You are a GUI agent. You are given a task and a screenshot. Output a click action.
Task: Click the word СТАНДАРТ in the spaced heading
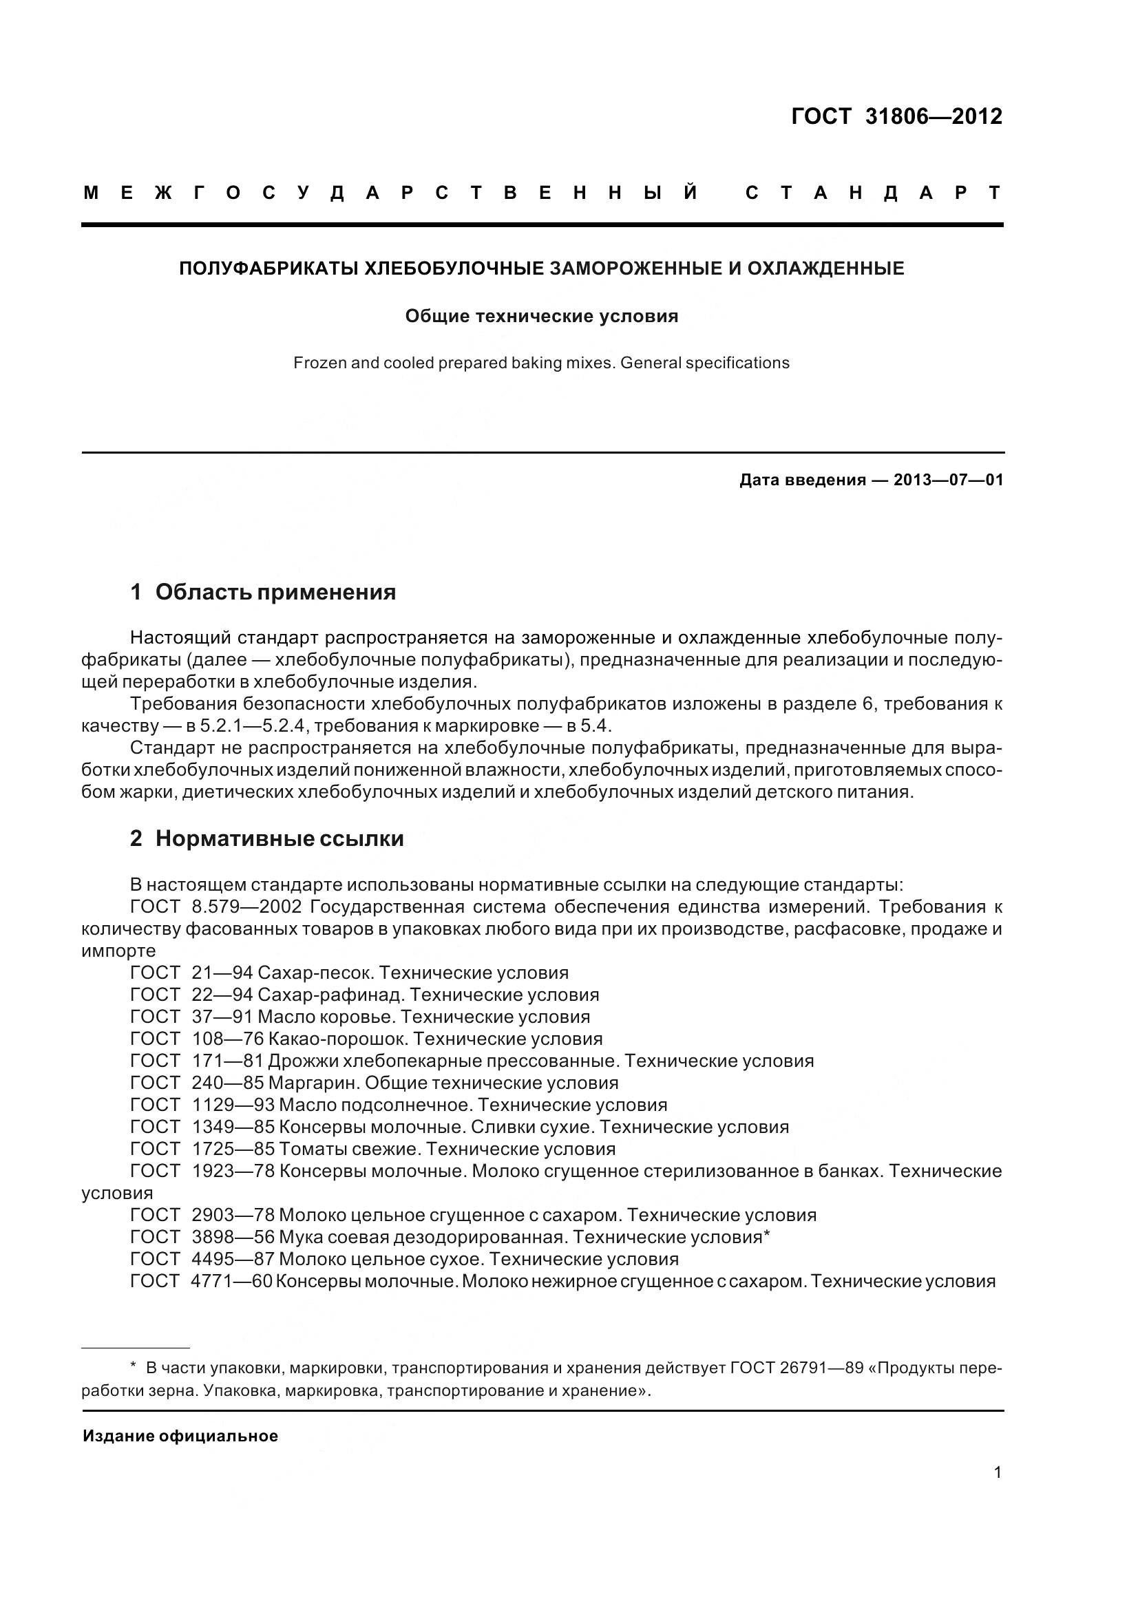[x=874, y=193]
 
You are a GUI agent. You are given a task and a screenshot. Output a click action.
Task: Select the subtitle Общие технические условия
[x=541, y=316]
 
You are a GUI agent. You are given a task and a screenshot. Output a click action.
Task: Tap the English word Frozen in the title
[x=315, y=363]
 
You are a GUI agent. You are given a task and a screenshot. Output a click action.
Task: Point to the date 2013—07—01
[x=948, y=480]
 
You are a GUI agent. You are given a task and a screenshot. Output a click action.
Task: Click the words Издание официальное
[x=180, y=1436]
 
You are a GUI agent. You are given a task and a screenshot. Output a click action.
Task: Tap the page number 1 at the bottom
[x=997, y=1472]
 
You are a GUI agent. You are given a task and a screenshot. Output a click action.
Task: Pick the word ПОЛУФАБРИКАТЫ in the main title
[x=268, y=268]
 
